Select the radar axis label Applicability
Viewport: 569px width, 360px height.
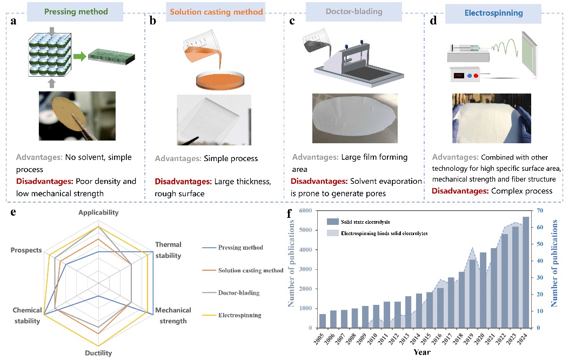(x=98, y=212)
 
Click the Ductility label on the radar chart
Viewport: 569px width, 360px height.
(x=98, y=354)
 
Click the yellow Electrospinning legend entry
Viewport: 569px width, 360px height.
(x=239, y=315)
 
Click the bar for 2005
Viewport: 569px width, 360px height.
(x=323, y=321)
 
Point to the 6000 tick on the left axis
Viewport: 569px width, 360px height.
(x=305, y=211)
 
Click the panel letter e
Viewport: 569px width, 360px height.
(x=13, y=211)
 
